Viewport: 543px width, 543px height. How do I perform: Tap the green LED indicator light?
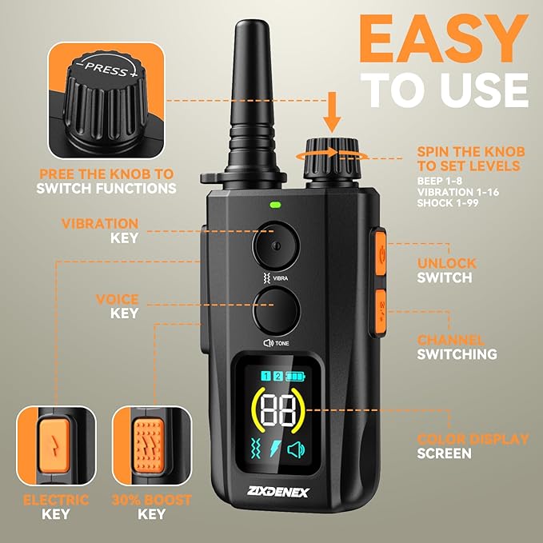point(275,204)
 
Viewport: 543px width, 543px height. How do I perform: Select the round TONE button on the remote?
point(275,311)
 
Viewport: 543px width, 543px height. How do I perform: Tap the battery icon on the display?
point(297,376)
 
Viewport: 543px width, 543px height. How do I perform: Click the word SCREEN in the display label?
point(445,453)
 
